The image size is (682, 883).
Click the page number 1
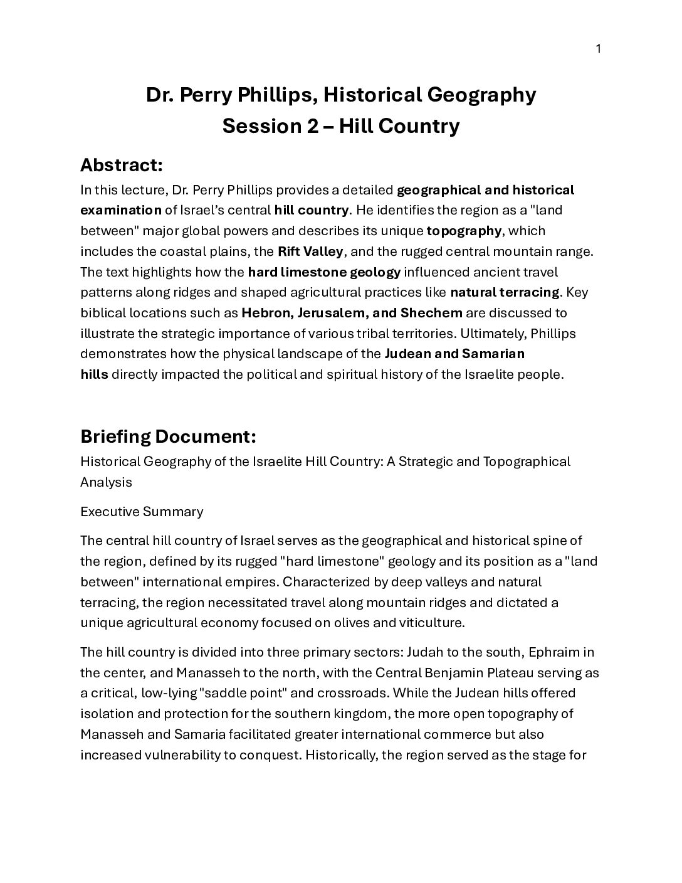(x=598, y=49)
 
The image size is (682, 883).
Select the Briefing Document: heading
(x=168, y=436)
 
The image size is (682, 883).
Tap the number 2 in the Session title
(x=312, y=126)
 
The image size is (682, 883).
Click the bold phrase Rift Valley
(x=310, y=251)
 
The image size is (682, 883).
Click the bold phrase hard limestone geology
(x=324, y=272)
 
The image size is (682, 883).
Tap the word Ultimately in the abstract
(x=485, y=333)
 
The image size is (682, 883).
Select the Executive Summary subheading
(x=142, y=512)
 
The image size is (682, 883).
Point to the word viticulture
(x=427, y=623)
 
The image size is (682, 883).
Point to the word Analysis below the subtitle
(x=106, y=482)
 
